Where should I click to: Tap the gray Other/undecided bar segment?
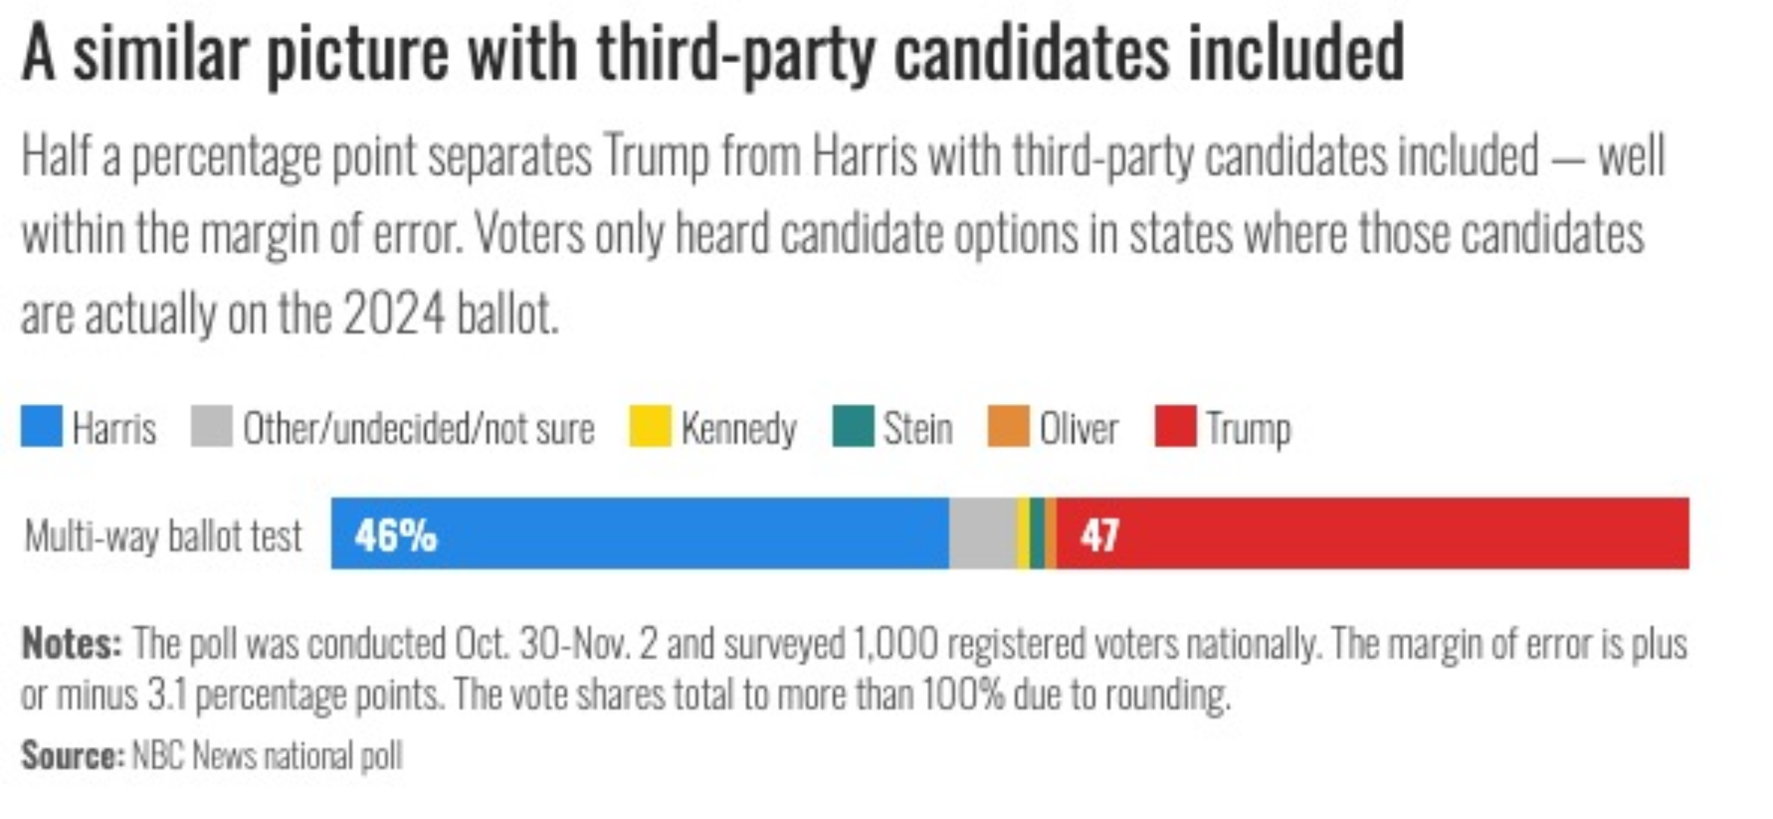(982, 533)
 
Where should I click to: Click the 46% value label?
(396, 535)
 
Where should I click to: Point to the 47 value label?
(1099, 535)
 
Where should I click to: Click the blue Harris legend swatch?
(41, 426)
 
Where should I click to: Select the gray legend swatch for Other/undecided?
(211, 426)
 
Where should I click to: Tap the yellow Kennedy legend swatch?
(650, 426)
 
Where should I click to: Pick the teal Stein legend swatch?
(853, 426)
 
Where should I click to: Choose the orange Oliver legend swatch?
(1008, 426)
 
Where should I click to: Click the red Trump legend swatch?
(1175, 426)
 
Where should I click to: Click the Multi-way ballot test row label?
(163, 536)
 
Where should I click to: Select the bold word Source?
(73, 755)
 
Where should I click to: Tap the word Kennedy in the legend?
(739, 428)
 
